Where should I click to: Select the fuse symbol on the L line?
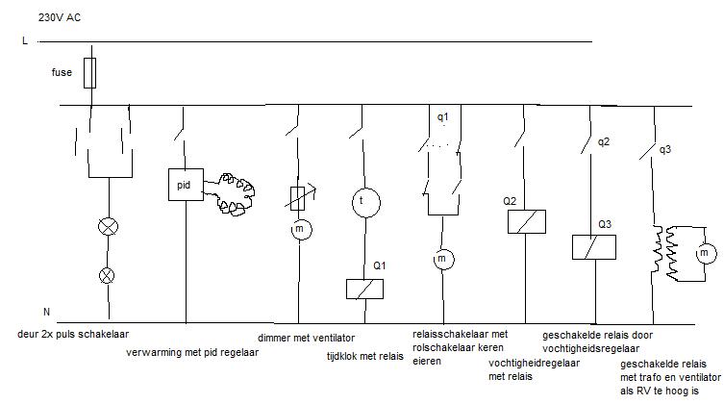[x=89, y=73]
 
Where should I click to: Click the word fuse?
[x=62, y=72]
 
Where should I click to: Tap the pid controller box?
[x=184, y=183]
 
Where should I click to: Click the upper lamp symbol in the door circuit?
[x=107, y=228]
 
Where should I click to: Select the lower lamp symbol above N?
[x=107, y=275]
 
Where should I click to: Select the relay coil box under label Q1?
[x=365, y=289]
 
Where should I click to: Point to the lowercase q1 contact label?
[x=443, y=116]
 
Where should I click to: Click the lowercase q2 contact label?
[x=603, y=142]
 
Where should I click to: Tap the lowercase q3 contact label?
[x=665, y=149]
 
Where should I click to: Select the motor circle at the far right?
[x=705, y=252]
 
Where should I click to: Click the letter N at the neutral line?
[x=46, y=313]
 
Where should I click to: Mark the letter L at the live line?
[x=23, y=41]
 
